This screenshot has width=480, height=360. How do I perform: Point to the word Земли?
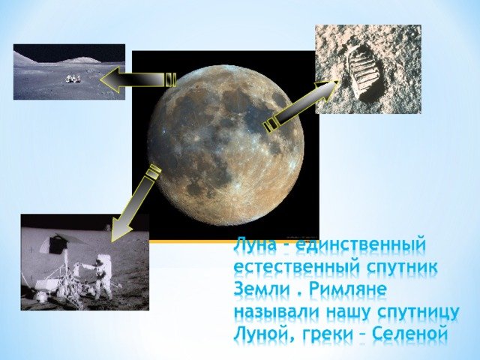click(x=262, y=289)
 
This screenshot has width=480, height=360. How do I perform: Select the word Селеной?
click(x=410, y=334)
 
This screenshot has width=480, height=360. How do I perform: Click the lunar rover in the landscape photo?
click(x=73, y=78)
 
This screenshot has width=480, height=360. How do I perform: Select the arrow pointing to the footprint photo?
click(x=301, y=106)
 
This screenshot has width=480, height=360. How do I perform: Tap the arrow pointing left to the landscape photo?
click(x=138, y=79)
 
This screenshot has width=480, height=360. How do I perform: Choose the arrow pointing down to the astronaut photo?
click(x=135, y=202)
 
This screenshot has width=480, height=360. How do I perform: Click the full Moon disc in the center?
click(x=226, y=147)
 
